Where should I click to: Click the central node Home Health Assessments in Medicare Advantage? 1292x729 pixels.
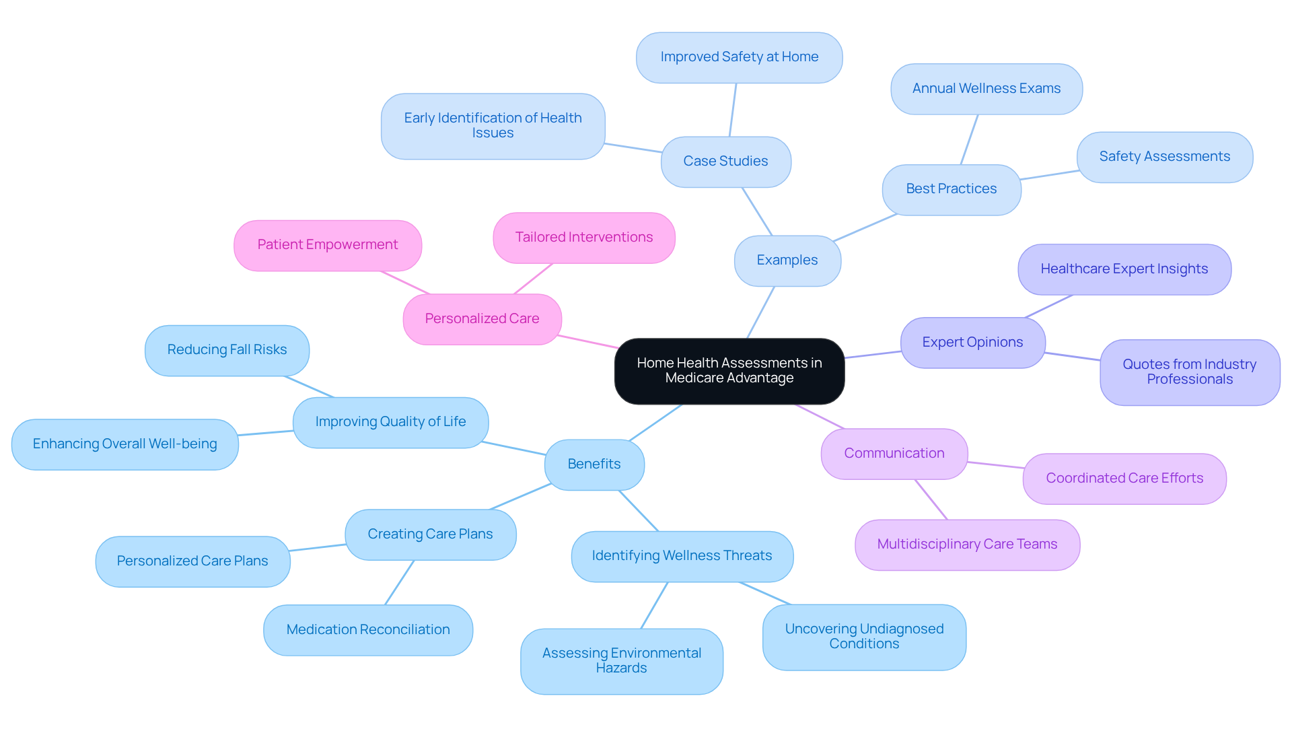pyautogui.click(x=729, y=371)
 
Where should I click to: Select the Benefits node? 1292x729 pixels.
pyautogui.click(x=594, y=464)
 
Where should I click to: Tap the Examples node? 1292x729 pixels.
pyautogui.click(x=787, y=261)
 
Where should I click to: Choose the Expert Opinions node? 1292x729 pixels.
pyautogui.click(x=972, y=343)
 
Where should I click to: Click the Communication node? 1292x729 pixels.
pyautogui.click(x=894, y=454)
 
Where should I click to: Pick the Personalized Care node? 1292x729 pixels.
pyautogui.click(x=482, y=319)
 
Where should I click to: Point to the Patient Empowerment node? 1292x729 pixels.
pyautogui.click(x=327, y=245)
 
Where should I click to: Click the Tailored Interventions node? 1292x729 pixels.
pyautogui.click(x=583, y=238)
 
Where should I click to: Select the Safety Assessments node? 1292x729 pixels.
pyautogui.click(x=1164, y=157)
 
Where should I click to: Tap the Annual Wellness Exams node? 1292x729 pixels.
pyautogui.click(x=986, y=89)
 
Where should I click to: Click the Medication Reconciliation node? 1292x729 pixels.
pyautogui.click(x=368, y=630)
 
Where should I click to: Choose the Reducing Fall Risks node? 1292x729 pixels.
pyautogui.click(x=227, y=350)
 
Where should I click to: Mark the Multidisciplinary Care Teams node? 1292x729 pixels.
pyautogui.click(x=967, y=545)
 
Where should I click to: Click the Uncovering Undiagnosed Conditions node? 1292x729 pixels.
pyautogui.click(x=864, y=637)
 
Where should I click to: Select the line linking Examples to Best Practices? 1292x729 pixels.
pyautogui.click(x=865, y=228)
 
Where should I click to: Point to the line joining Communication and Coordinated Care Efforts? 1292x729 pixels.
pyautogui.click(x=996, y=465)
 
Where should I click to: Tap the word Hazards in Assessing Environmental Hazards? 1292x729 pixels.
pyautogui.click(x=621, y=668)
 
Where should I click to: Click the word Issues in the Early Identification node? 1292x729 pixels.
pyautogui.click(x=493, y=133)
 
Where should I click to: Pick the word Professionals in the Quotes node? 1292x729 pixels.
pyautogui.click(x=1190, y=380)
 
